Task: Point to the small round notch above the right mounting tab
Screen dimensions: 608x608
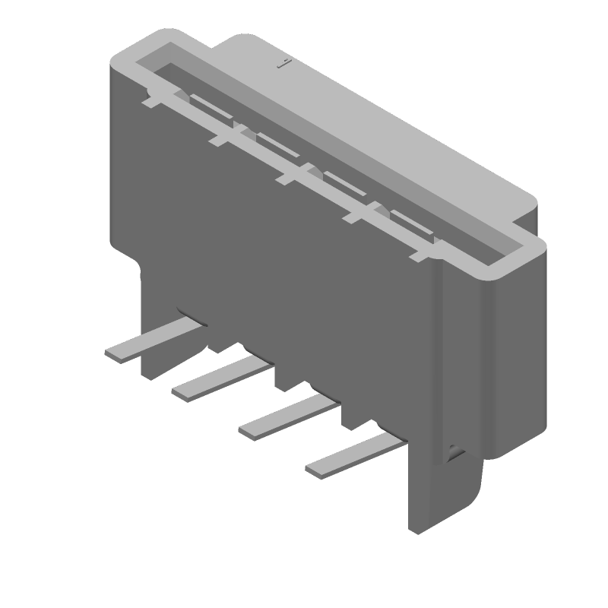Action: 454,452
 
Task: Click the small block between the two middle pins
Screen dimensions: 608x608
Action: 287,378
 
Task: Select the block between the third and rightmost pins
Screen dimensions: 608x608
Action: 354,415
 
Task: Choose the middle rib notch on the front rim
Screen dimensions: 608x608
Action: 288,177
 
